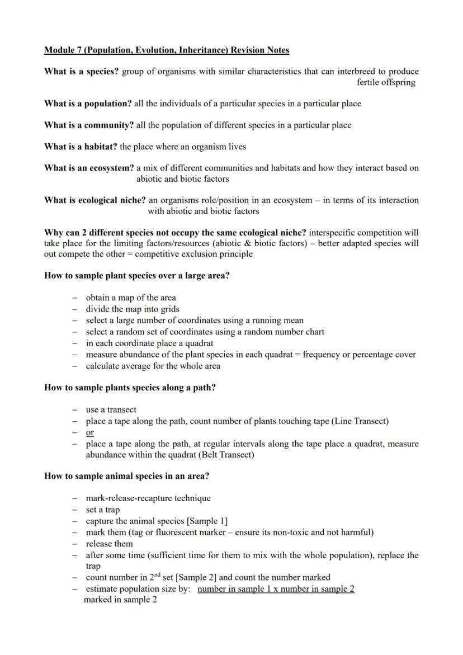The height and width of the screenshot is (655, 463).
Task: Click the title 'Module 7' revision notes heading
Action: [167, 50]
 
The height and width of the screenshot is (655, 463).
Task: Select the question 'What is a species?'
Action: [82, 72]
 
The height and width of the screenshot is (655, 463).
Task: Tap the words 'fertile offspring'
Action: [386, 82]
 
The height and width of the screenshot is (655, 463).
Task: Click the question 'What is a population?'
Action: [88, 103]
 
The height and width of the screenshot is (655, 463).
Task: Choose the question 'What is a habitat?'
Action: [81, 147]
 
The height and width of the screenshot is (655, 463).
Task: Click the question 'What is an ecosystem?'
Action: [89, 168]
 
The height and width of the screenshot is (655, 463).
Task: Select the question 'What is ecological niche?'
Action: [95, 200]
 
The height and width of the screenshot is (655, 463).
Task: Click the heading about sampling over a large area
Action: [136, 276]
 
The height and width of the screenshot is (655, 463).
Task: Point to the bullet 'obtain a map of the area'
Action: [130, 298]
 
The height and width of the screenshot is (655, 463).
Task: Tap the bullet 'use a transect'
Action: [111, 409]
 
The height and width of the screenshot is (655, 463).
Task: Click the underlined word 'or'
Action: [89, 432]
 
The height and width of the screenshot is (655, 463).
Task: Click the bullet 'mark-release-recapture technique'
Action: [148, 498]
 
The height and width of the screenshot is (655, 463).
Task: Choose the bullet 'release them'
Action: [109, 544]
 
